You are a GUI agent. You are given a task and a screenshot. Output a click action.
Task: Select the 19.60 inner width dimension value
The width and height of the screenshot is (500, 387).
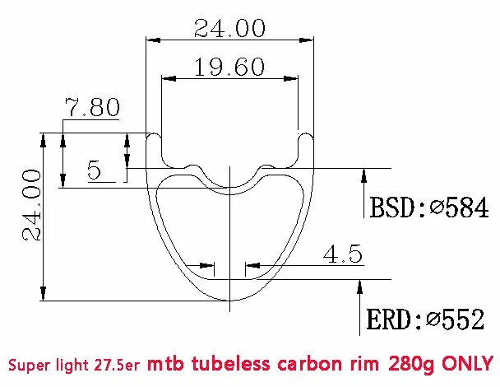click(229, 68)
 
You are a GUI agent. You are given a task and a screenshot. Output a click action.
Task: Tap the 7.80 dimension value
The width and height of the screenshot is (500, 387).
click(93, 108)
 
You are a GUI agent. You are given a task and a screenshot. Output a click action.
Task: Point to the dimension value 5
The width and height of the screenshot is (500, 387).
click(94, 171)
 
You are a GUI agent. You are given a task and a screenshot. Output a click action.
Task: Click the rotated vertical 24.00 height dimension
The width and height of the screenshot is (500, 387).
click(31, 206)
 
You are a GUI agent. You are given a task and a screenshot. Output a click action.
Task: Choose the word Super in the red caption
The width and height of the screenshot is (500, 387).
click(30, 362)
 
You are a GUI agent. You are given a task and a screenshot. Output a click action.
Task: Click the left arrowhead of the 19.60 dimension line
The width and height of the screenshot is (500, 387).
click(167, 79)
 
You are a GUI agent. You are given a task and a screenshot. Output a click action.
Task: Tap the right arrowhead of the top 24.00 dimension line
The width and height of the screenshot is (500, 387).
click(310, 39)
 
